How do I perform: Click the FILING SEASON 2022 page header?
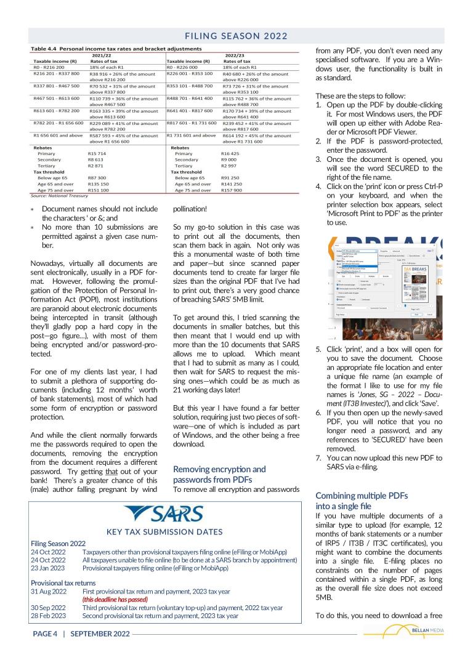(x=236, y=36)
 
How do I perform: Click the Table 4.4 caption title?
(x=116, y=49)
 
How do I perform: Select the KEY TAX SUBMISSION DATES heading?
(x=166, y=532)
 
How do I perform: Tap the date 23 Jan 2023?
(x=48, y=568)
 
